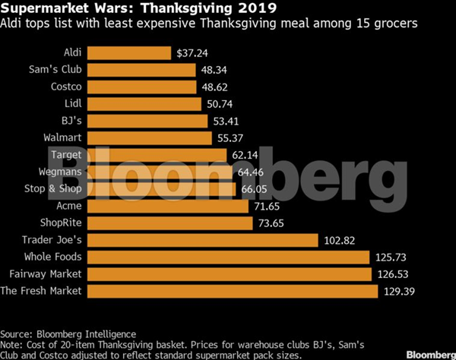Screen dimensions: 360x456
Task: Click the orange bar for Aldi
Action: pyautogui.click(x=129, y=53)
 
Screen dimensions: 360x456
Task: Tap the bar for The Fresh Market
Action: pyautogui.click(x=233, y=291)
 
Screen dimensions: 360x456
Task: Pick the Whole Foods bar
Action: pyautogui.click(x=228, y=257)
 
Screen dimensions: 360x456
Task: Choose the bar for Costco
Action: pyautogui.click(x=142, y=87)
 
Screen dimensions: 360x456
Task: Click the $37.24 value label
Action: pyautogui.click(x=191, y=54)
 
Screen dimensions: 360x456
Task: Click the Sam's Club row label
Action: pyautogui.click(x=57, y=71)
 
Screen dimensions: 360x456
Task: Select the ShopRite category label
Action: pyautogui.click(x=59, y=223)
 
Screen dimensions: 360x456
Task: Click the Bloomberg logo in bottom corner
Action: pyautogui.click(x=429, y=353)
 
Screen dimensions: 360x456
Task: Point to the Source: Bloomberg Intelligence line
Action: pyautogui.click(x=68, y=333)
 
